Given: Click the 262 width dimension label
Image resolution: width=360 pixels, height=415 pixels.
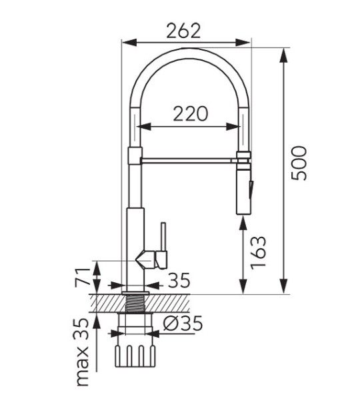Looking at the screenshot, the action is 183,31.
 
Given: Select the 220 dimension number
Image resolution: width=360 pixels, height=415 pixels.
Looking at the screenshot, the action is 191,114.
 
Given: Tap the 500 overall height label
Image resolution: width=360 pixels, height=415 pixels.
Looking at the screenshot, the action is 299,163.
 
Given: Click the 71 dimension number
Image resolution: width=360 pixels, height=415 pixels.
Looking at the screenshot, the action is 83,278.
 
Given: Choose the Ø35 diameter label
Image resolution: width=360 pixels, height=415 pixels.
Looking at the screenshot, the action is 183,324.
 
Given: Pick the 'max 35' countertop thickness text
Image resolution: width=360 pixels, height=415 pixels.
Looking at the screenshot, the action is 81,352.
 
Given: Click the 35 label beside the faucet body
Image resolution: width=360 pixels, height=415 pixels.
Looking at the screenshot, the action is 179,280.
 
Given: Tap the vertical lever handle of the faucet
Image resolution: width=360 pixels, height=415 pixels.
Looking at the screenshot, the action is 163,237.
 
